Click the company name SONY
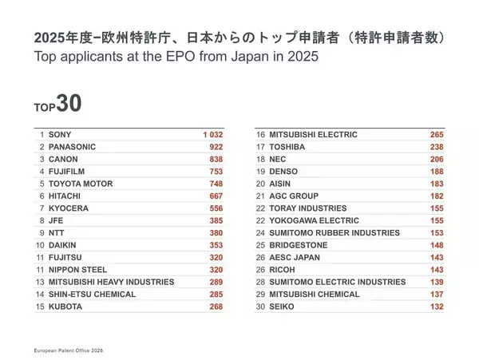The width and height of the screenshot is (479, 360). (x=60, y=134)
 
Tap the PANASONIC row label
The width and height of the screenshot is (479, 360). (x=73, y=147)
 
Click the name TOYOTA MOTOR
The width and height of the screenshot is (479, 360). (x=81, y=184)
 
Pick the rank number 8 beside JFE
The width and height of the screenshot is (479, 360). (x=41, y=220)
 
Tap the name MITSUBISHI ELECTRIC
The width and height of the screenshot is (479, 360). (x=314, y=134)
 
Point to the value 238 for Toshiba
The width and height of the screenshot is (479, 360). (x=434, y=147)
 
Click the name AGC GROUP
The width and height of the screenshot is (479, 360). (x=295, y=196)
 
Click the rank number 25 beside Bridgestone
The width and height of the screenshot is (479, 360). (x=260, y=245)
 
